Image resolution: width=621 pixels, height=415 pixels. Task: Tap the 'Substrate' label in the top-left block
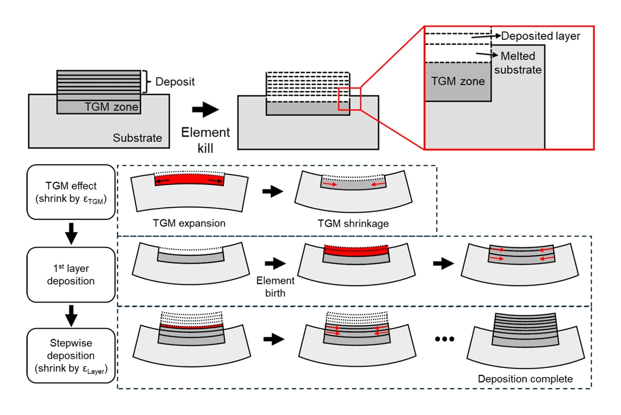137,138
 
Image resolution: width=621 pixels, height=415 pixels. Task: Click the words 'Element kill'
206,139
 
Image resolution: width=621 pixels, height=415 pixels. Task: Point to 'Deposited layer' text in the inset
541,36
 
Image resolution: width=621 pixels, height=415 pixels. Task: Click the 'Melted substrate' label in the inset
517,63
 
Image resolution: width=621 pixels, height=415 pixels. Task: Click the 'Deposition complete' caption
525,380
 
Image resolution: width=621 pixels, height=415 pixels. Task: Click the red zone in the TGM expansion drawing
189,181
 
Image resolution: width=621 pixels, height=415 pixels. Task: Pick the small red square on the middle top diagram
350,99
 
